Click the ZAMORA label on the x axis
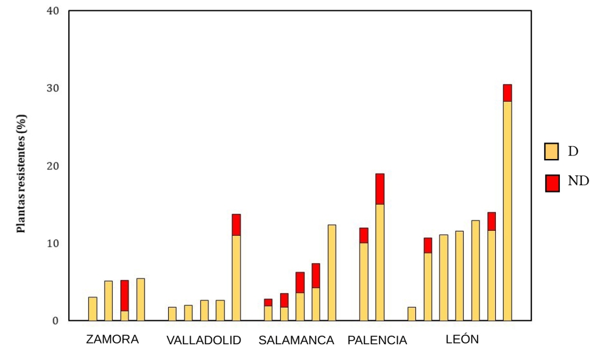(113, 339)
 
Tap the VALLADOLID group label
(203, 340)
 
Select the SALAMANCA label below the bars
(296, 340)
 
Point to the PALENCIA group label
(377, 340)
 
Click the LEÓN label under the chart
(462, 339)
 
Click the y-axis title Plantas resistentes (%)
(22, 174)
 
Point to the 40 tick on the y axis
(53, 12)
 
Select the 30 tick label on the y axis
(53, 89)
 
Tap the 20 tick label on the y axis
(53, 166)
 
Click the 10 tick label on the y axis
(53, 244)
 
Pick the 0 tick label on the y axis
(56, 321)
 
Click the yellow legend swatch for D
(551, 151)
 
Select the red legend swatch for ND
(552, 183)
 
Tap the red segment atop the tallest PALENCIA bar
(380, 189)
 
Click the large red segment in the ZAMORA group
(124, 295)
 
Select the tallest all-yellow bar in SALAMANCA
(332, 273)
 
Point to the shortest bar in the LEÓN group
(412, 314)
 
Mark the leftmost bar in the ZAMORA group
(93, 309)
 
